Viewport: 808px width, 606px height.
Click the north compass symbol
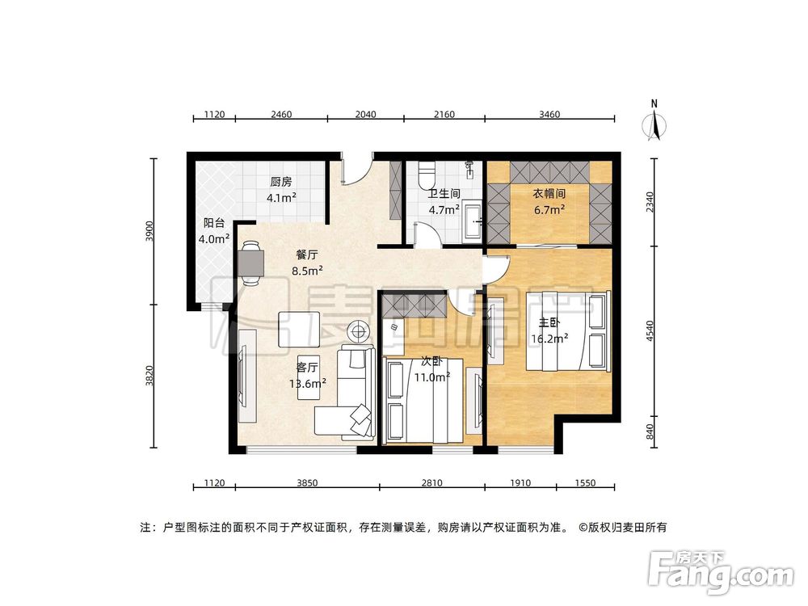pyautogui.click(x=656, y=124)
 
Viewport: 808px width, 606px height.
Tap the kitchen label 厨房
pyautogui.click(x=281, y=182)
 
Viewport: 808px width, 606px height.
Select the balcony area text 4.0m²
pyautogui.click(x=214, y=238)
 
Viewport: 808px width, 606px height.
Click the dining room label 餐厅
pyautogui.click(x=307, y=254)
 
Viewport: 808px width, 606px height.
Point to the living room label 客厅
pyautogui.click(x=308, y=366)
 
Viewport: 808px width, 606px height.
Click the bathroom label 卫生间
pyautogui.click(x=444, y=194)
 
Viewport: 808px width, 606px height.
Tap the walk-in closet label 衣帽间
pyautogui.click(x=548, y=194)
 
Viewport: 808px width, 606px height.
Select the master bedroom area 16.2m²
pyautogui.click(x=547, y=339)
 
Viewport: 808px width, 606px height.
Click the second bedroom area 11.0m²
pyautogui.click(x=432, y=376)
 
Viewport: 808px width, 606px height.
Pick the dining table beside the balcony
pyautogui.click(x=250, y=264)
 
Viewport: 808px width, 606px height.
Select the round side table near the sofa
pyautogui.click(x=358, y=330)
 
